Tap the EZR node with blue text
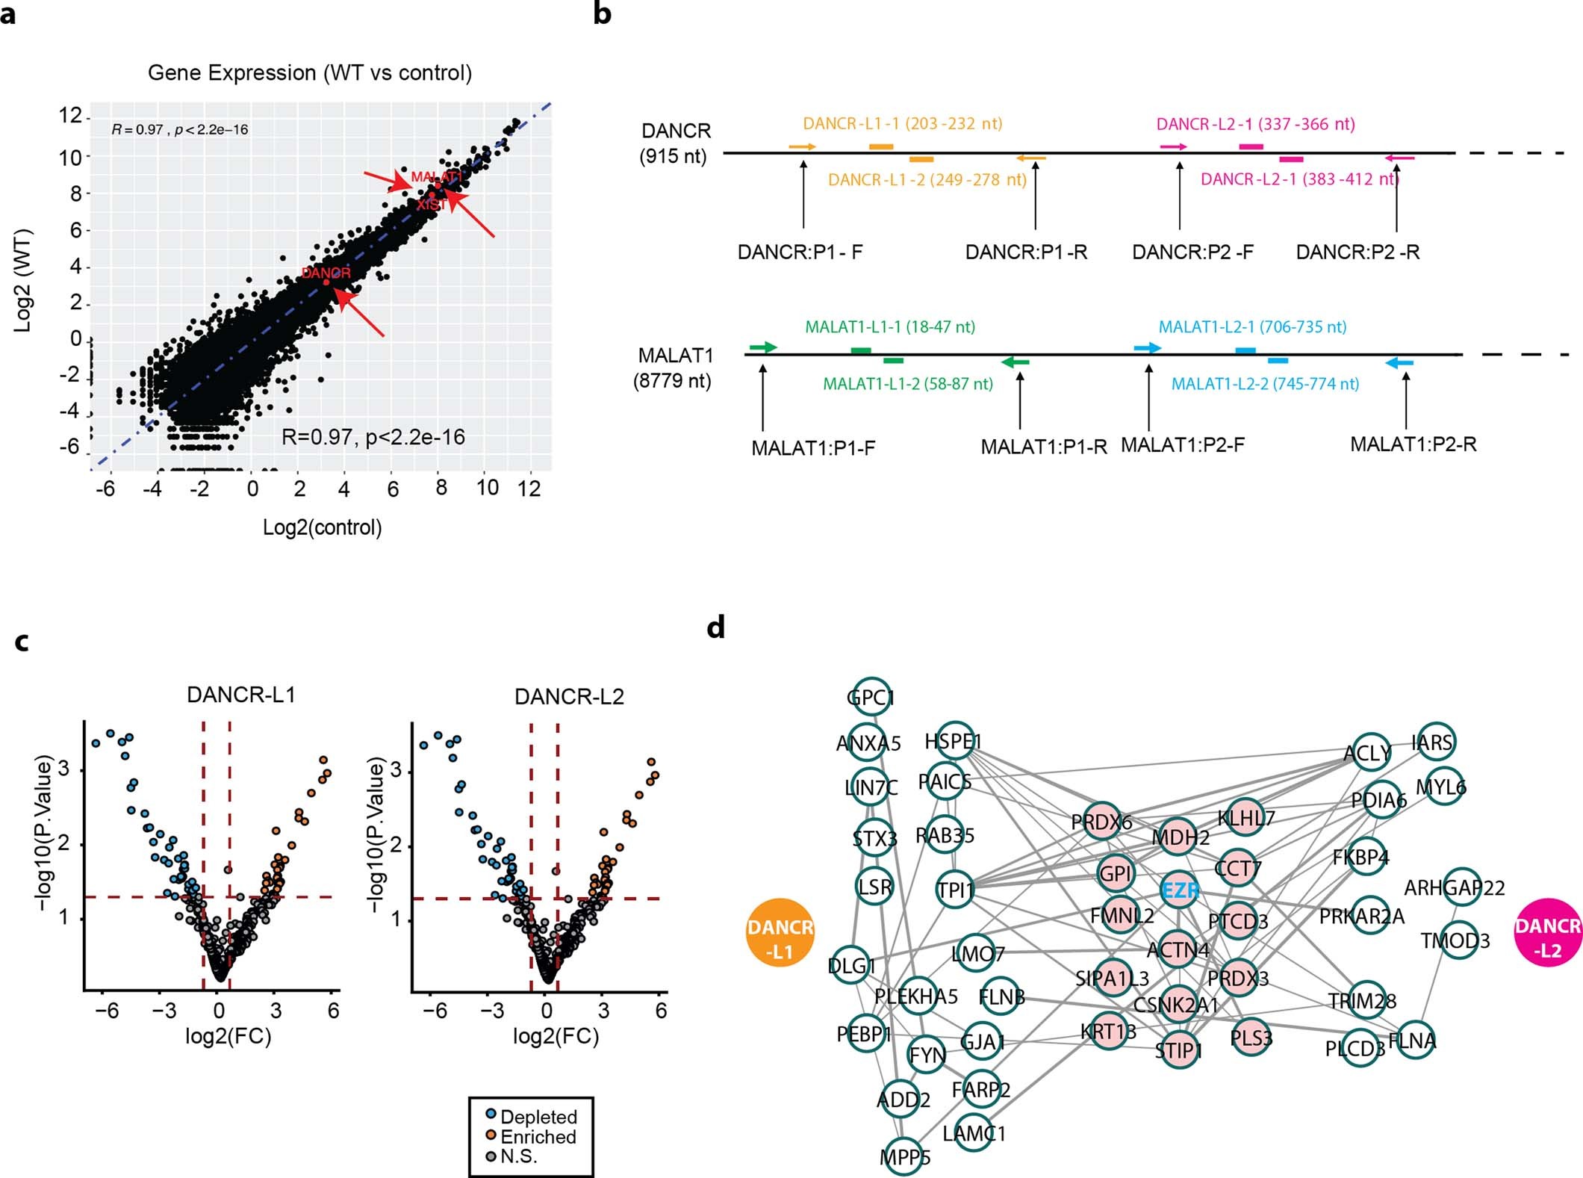(x=1180, y=890)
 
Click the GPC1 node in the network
(x=871, y=698)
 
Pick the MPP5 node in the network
(x=904, y=1157)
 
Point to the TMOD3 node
(x=1455, y=940)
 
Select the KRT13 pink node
(x=1109, y=1032)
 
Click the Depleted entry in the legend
(x=538, y=1117)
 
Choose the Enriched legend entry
(x=538, y=1137)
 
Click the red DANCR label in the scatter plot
(x=326, y=273)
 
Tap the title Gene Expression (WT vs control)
(x=310, y=72)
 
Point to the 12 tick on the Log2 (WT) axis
(x=71, y=116)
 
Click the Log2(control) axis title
(x=322, y=527)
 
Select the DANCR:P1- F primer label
(x=800, y=252)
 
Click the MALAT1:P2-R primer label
(x=1413, y=444)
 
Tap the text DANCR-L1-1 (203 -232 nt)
(x=902, y=124)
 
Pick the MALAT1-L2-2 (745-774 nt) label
(x=1265, y=384)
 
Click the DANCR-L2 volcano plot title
(x=569, y=696)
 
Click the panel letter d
(x=715, y=627)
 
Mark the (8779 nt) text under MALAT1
(x=672, y=381)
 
